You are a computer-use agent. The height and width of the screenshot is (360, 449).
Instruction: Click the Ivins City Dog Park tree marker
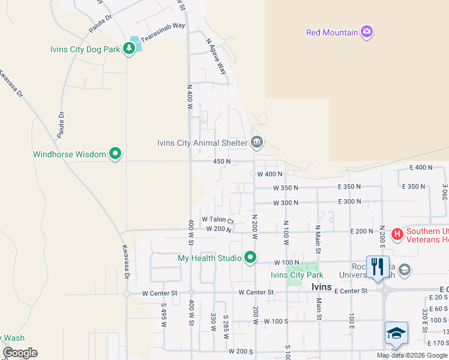(128, 48)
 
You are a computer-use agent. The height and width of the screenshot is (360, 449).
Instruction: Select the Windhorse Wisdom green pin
(115, 154)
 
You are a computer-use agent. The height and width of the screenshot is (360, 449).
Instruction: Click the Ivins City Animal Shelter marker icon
(257, 143)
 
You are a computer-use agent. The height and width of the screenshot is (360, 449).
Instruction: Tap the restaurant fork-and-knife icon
(378, 267)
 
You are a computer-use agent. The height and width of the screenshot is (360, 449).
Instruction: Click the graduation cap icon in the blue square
(396, 333)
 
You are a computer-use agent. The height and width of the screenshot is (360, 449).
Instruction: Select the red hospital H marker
(397, 234)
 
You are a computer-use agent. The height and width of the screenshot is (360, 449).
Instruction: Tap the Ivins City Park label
(297, 275)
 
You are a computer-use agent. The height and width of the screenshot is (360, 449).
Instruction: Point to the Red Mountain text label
(332, 32)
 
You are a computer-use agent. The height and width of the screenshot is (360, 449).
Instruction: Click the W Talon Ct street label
(217, 220)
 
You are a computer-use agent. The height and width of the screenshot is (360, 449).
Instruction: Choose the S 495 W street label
(163, 315)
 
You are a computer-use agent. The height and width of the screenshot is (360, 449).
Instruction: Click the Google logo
(20, 353)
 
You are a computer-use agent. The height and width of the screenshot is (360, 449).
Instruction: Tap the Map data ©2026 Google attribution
(411, 355)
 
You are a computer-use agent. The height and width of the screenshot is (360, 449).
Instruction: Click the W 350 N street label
(286, 188)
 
